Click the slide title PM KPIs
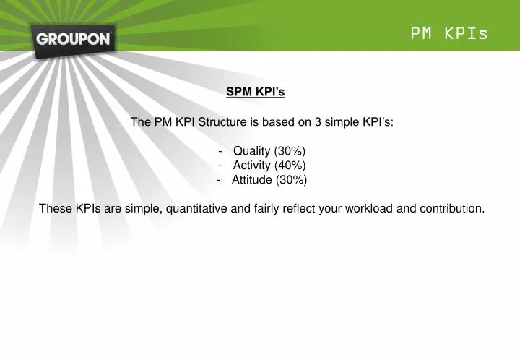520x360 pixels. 449,33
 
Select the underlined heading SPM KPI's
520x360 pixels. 256,92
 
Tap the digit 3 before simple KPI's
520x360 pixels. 317,121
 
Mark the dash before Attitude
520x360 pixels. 219,179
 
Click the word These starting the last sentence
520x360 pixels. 55,208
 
